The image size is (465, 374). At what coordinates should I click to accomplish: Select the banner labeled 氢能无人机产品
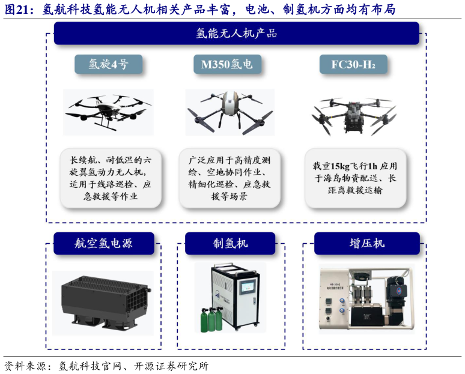pyautogui.click(x=236, y=34)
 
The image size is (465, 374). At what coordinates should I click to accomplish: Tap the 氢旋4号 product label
pyautogui.click(x=108, y=64)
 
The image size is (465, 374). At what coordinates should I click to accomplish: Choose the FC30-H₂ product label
pyautogui.click(x=353, y=64)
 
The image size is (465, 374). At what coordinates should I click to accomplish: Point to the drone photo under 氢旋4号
pyautogui.click(x=108, y=111)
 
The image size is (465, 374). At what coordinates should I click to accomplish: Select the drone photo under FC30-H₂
pyautogui.click(x=354, y=113)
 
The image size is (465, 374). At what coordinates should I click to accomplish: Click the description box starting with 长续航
pyautogui.click(x=108, y=178)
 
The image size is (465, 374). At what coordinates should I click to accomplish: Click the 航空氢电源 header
pyautogui.click(x=103, y=243)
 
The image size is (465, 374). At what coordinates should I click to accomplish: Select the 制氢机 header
pyautogui.click(x=230, y=243)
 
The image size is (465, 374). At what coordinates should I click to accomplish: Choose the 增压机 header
pyautogui.click(x=366, y=243)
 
